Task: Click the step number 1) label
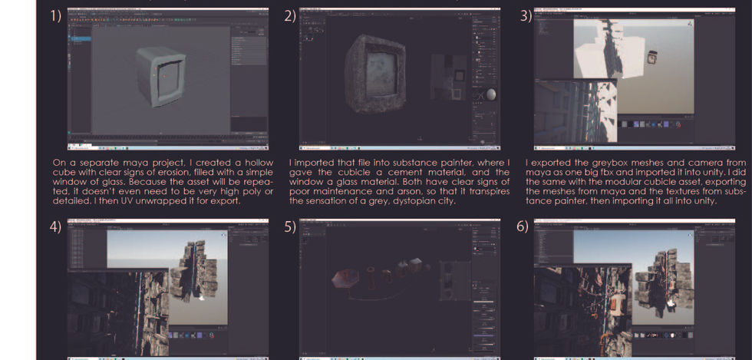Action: click(57, 16)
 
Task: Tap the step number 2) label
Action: click(289, 16)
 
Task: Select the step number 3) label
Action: click(526, 16)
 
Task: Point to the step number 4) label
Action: click(57, 228)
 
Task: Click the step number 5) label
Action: click(289, 228)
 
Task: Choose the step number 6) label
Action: click(526, 228)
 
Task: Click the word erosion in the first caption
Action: click(160, 172)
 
